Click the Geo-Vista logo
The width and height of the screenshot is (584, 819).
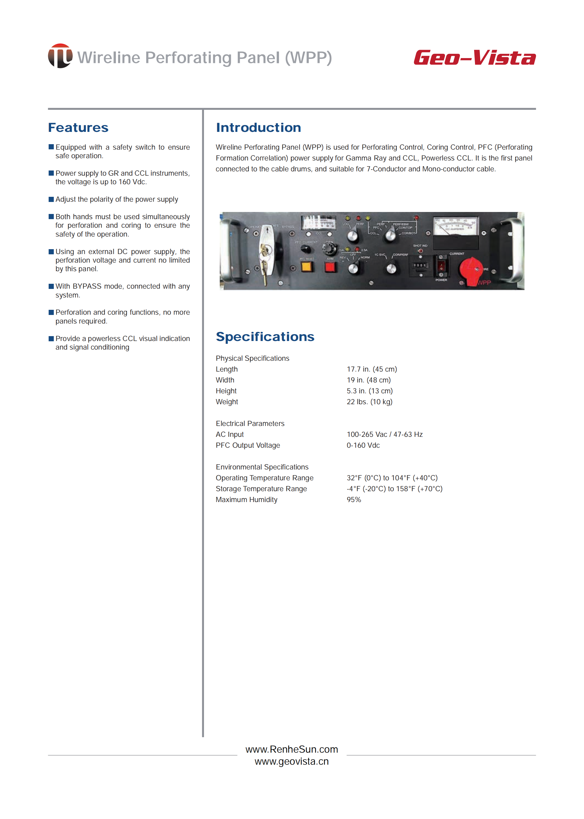pyautogui.click(x=474, y=58)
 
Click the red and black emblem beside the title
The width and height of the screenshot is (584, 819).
pyautogui.click(x=60, y=56)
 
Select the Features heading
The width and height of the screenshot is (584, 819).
pyautogui.click(x=78, y=128)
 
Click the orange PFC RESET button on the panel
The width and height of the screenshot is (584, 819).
pyautogui.click(x=307, y=267)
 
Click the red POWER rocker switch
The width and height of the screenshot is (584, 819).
pyautogui.click(x=441, y=266)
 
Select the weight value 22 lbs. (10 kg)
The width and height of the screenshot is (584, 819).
pyautogui.click(x=369, y=402)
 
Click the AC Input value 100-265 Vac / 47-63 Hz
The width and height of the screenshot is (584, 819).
pyautogui.click(x=384, y=434)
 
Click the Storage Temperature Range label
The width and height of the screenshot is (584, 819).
pyautogui.click(x=261, y=489)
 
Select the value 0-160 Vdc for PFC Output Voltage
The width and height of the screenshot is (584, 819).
pyautogui.click(x=363, y=445)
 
